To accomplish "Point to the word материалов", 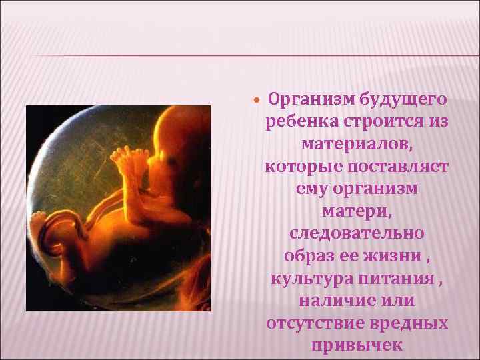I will click(357, 144).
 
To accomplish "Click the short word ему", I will click(312, 188).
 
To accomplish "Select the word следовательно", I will click(357, 233).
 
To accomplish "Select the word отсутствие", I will click(311, 323).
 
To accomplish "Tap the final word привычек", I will click(357, 345).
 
